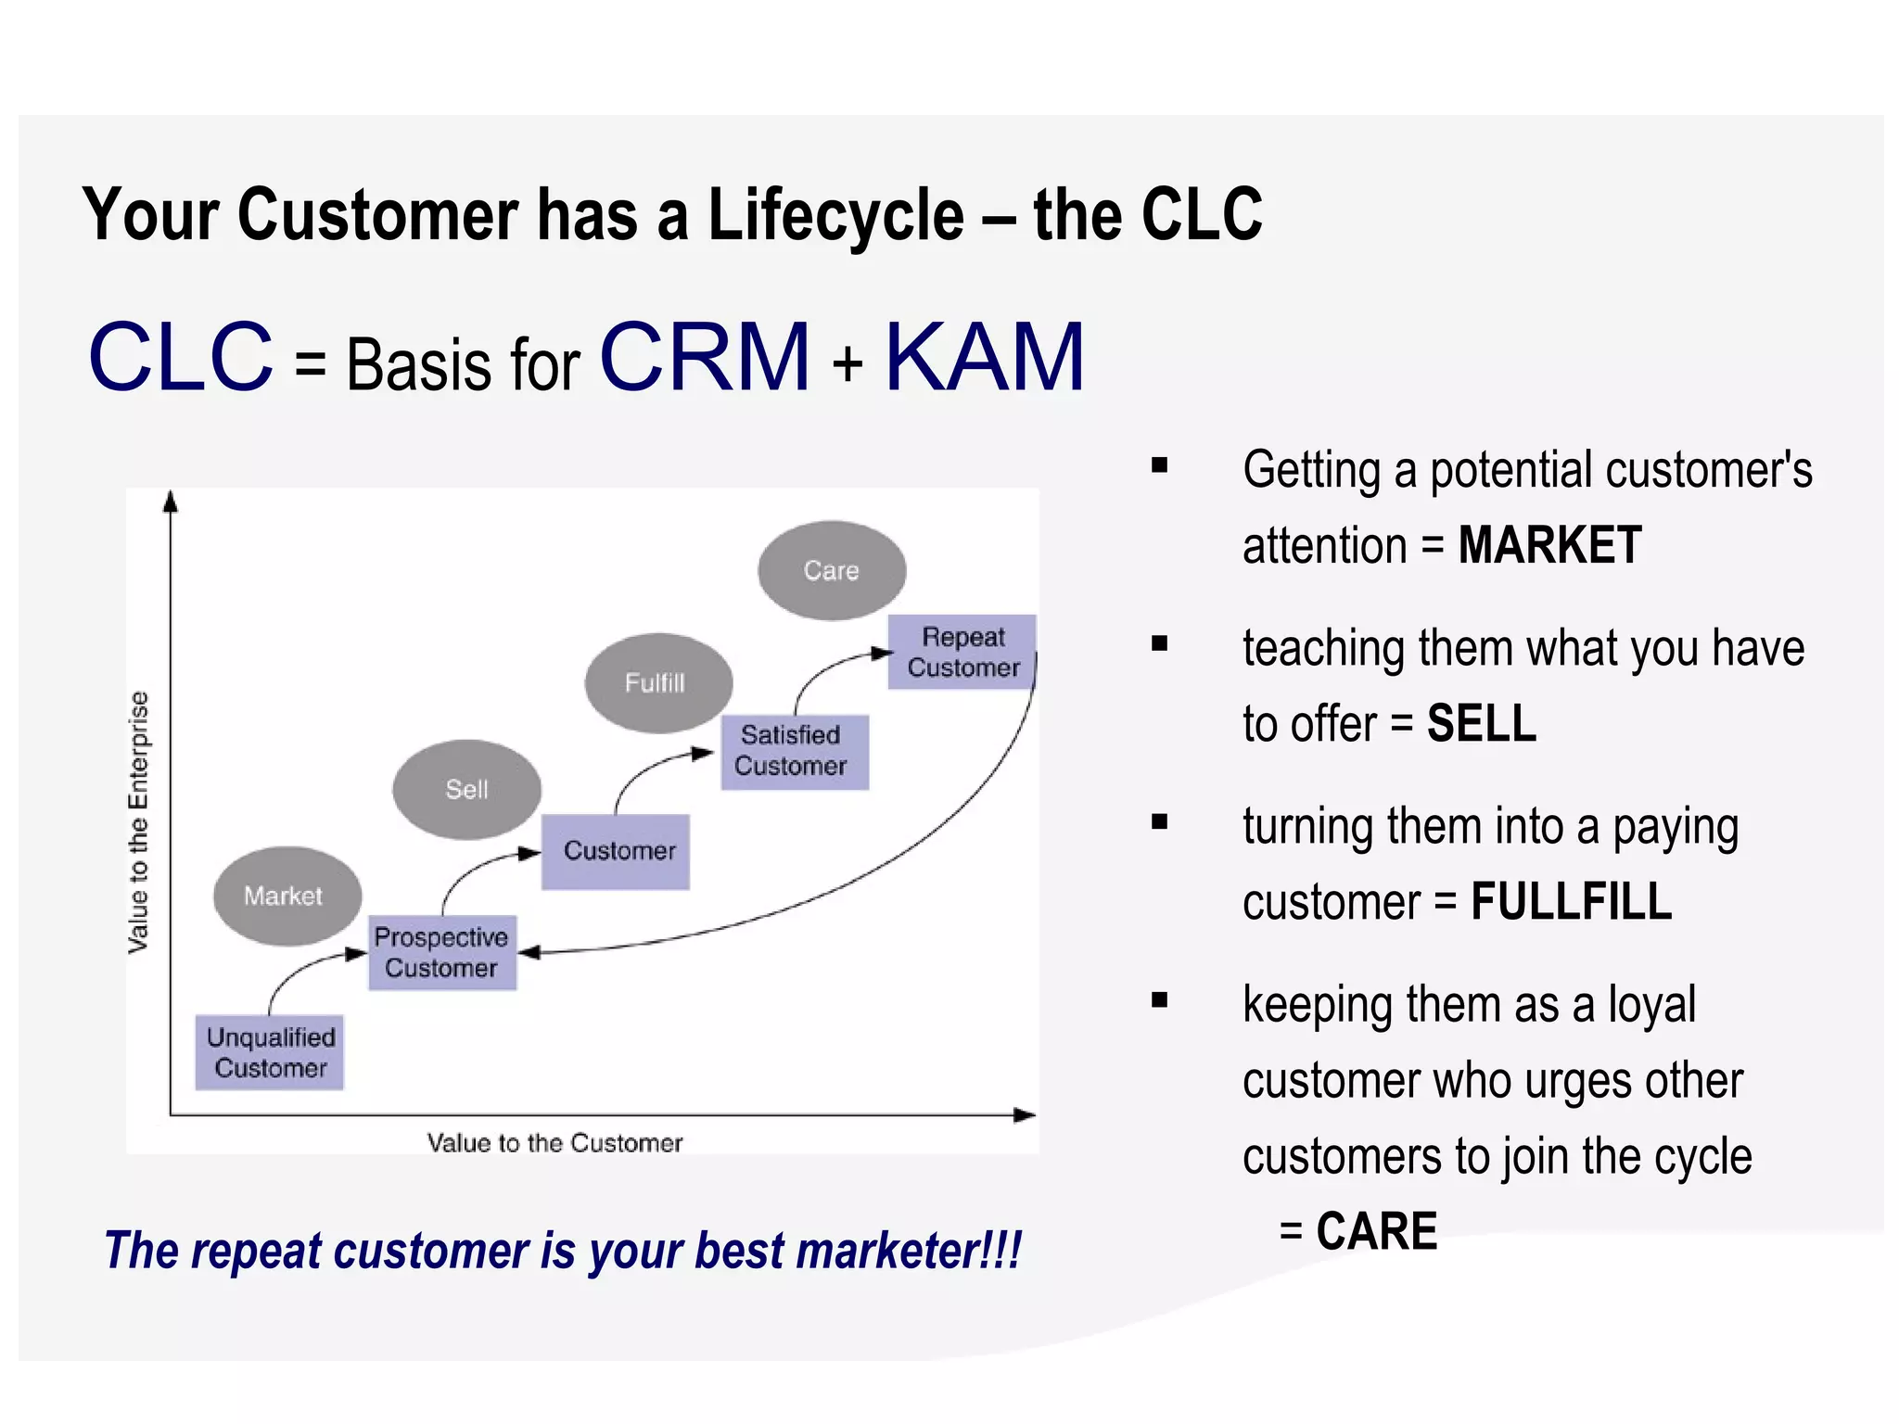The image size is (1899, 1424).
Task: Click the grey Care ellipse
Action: point(831,570)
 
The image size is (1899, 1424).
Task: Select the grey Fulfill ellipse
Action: point(658,683)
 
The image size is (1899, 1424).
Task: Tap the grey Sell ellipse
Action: point(466,789)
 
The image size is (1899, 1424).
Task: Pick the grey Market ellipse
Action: point(287,896)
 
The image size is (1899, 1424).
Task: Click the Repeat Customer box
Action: point(962,652)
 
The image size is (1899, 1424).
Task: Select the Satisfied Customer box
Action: point(794,751)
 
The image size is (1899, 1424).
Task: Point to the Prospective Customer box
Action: point(441,952)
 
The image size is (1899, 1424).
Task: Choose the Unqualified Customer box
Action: point(270,1052)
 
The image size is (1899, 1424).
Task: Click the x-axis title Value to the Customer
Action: point(554,1142)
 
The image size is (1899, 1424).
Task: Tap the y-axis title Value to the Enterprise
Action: point(138,821)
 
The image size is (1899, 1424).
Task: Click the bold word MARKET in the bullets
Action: point(1549,545)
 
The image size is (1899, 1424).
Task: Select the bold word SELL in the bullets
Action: point(1481,723)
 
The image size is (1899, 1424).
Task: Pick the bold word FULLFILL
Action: point(1571,901)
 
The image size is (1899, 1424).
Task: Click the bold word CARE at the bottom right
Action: point(1376,1231)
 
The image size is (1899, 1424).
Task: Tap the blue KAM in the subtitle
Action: point(985,357)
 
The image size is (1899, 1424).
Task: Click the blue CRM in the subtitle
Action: point(706,357)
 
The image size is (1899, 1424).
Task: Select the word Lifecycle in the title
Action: point(836,215)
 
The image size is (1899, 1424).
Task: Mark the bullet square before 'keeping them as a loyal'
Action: point(1159,1000)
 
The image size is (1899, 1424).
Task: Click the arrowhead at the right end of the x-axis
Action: point(1026,1114)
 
